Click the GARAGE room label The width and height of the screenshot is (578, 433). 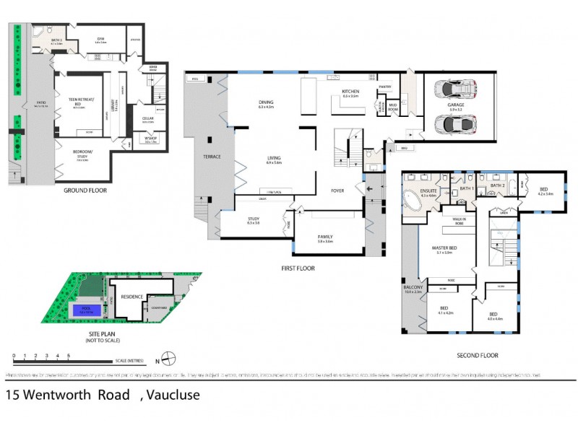pyautogui.click(x=456, y=105)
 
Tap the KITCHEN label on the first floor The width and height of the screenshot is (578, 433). pyautogui.click(x=350, y=92)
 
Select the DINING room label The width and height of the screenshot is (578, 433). pyautogui.click(x=266, y=102)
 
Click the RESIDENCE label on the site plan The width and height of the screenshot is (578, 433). pyautogui.click(x=131, y=296)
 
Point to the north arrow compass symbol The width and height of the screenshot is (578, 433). pyautogui.click(x=165, y=357)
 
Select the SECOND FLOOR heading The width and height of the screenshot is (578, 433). pyautogui.click(x=478, y=355)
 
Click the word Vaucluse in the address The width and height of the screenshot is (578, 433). pyautogui.click(x=173, y=395)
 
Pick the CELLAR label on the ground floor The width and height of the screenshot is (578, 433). pyautogui.click(x=147, y=119)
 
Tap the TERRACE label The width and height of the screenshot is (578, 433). pyautogui.click(x=212, y=157)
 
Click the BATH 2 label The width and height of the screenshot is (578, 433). pyautogui.click(x=497, y=185)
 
